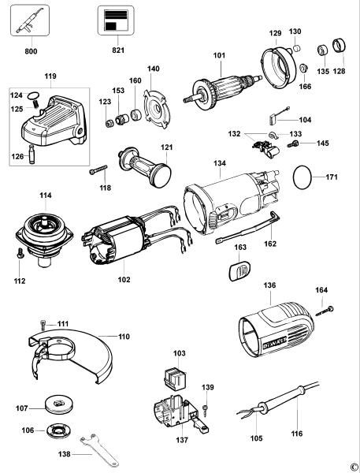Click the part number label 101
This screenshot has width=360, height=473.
218,56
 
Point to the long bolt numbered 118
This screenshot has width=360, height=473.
99,171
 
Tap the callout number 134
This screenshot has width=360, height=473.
219,163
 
